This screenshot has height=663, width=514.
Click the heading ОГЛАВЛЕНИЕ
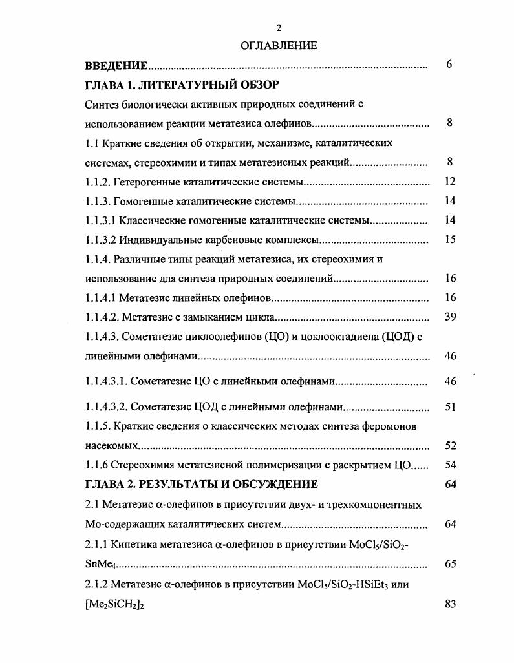tap(279, 46)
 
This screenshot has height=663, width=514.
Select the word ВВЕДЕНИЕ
tap(116, 66)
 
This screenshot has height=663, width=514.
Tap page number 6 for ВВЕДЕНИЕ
tap(449, 65)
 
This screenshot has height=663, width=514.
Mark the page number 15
tap(451, 240)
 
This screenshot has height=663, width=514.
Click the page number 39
tap(451, 317)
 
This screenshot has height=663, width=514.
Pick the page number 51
tap(451, 407)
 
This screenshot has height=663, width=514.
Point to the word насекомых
tap(112, 446)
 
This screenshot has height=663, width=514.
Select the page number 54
tap(451, 465)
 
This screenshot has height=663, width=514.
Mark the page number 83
tap(451, 604)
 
